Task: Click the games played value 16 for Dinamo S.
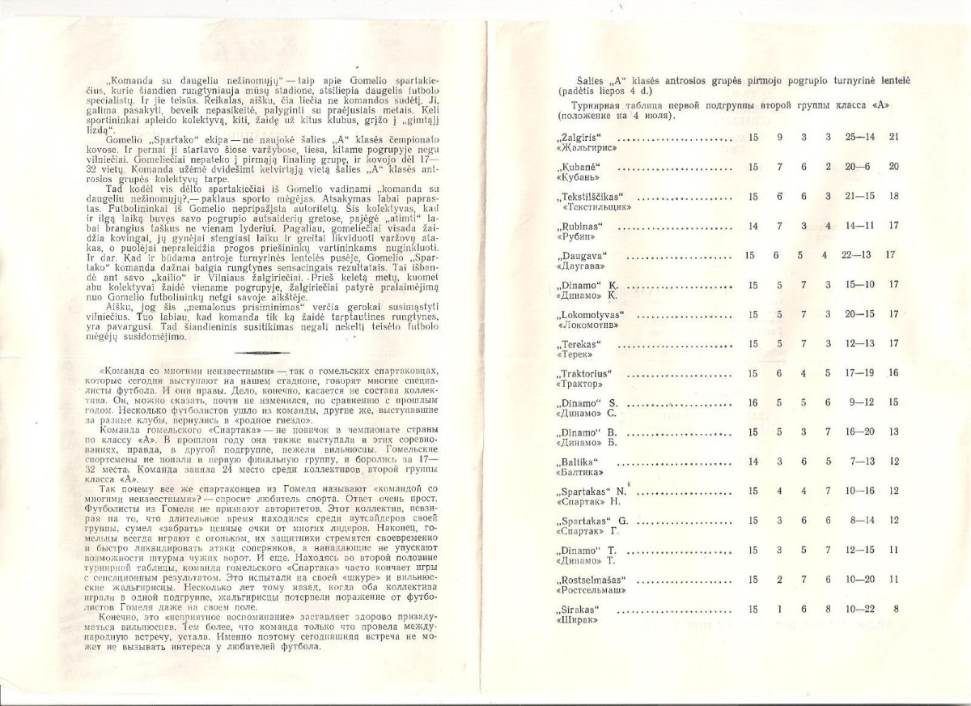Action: click(x=753, y=402)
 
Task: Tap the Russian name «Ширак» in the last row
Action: click(x=570, y=621)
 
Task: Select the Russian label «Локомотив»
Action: click(x=583, y=326)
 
